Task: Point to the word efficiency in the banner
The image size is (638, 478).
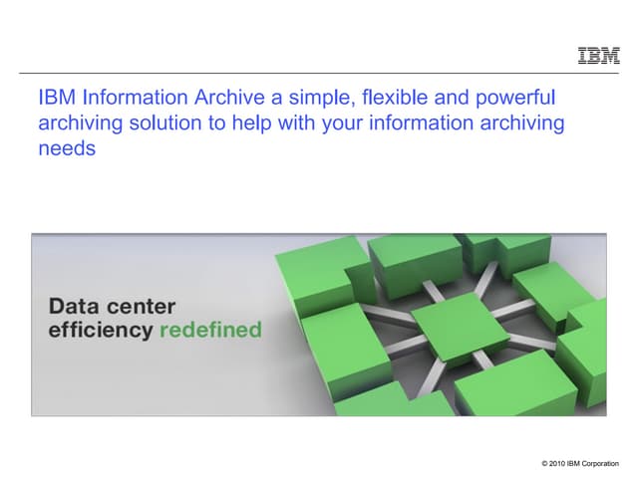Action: [x=100, y=330]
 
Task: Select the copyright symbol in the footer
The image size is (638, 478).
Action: [x=544, y=464]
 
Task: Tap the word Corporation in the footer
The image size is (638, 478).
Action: [x=600, y=464]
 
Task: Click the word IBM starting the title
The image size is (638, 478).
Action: [x=57, y=99]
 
